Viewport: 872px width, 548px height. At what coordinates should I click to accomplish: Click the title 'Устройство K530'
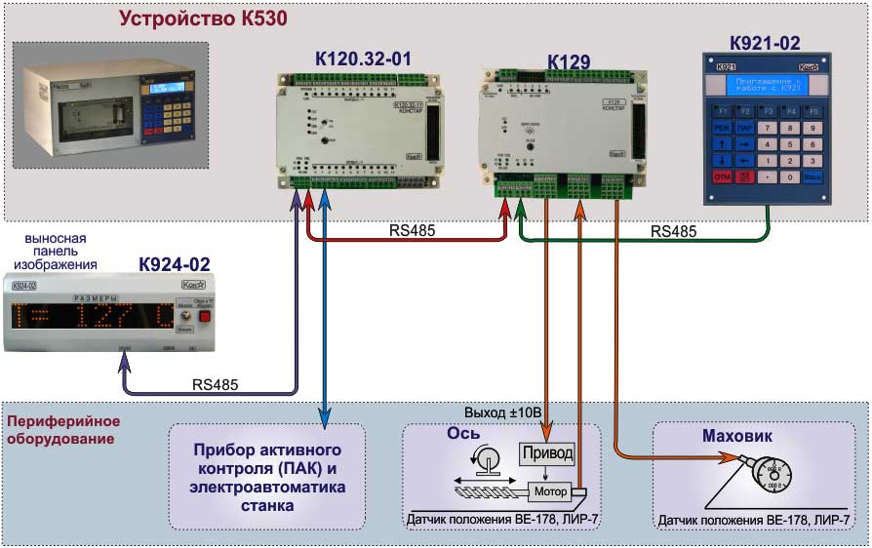coord(203,19)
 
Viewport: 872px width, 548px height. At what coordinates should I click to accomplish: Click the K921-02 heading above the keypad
coord(765,43)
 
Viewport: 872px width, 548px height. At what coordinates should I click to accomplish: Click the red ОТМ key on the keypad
coord(723,177)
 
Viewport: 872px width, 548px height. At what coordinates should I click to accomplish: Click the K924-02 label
coord(175,264)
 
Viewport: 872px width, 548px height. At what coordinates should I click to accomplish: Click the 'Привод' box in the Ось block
coord(547,454)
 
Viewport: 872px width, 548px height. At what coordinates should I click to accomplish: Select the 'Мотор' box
coord(550,491)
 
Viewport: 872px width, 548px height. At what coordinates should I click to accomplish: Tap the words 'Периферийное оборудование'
coord(62,430)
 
